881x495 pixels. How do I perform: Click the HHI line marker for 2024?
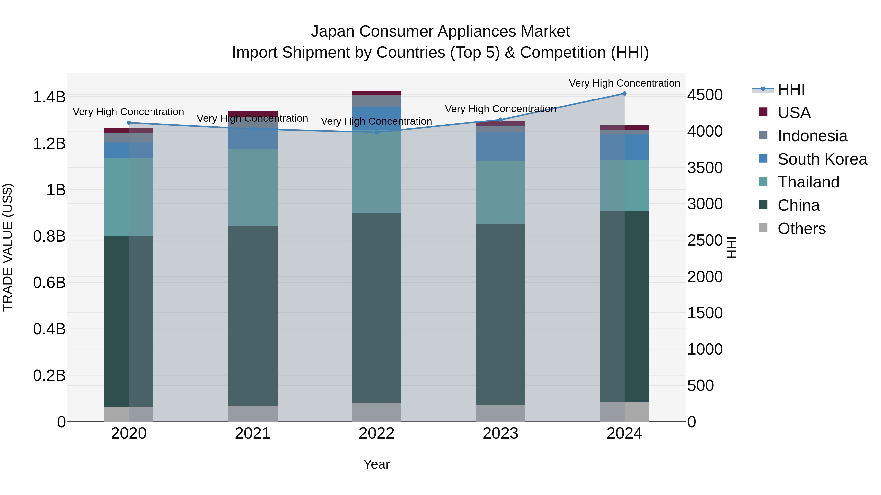[624, 94]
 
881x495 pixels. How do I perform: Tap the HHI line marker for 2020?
[128, 123]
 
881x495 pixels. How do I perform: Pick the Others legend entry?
[801, 229]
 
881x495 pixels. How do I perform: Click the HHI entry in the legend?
[791, 89]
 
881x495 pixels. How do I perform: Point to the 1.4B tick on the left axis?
[49, 97]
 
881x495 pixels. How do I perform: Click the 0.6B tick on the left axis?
[49, 283]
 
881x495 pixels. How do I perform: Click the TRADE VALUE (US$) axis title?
[8, 247]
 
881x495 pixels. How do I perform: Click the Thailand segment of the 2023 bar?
[500, 192]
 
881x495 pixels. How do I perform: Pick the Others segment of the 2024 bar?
[624, 411]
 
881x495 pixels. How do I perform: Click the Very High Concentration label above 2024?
[624, 83]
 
